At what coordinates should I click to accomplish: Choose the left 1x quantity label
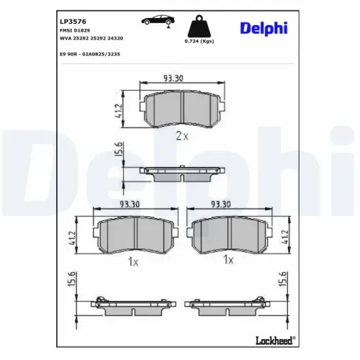point(132,261)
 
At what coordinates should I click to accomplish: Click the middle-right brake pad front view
point(229,233)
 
